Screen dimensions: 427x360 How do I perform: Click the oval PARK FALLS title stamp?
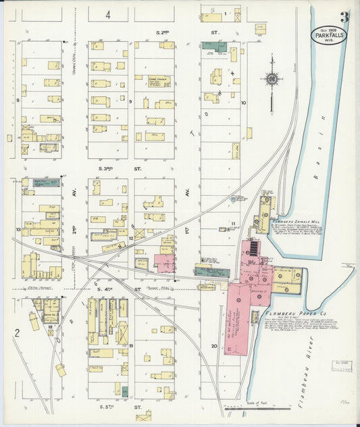click(329, 35)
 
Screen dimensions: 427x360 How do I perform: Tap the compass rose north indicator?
click(271, 80)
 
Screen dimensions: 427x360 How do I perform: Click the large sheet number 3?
click(344, 18)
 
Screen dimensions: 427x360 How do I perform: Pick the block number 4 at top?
click(108, 14)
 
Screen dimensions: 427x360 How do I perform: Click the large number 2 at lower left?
click(15, 332)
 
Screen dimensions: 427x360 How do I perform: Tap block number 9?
click(130, 102)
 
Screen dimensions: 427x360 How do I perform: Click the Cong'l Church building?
click(159, 81)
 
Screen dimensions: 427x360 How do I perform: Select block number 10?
click(243, 103)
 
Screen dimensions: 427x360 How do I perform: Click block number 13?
click(17, 230)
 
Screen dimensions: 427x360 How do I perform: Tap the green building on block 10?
click(213, 46)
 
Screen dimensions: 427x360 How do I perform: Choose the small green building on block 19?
click(124, 391)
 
